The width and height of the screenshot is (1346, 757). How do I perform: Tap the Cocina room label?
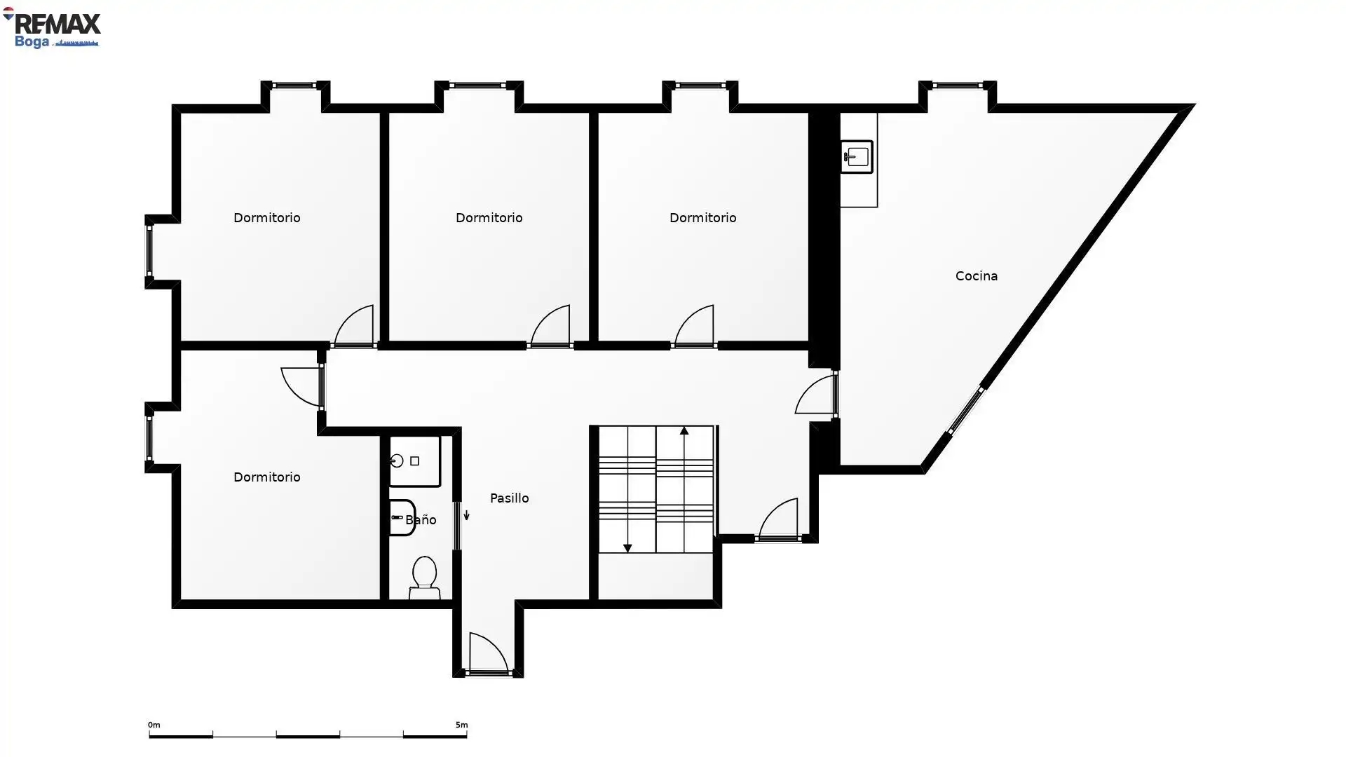click(976, 276)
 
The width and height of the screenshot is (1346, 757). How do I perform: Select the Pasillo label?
click(509, 498)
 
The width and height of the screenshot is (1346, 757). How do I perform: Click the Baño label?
click(421, 520)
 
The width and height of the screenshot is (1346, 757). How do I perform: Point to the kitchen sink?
click(856, 157)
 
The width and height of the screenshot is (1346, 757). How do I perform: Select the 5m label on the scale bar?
click(461, 725)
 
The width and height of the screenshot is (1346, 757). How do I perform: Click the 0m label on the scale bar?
click(154, 725)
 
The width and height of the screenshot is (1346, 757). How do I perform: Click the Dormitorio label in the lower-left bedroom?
click(266, 477)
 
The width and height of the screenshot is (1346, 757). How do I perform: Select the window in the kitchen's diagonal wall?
click(966, 411)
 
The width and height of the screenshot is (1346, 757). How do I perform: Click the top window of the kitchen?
click(957, 86)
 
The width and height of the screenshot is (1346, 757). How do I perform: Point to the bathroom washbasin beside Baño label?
click(402, 518)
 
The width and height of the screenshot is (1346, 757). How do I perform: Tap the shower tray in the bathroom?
click(414, 461)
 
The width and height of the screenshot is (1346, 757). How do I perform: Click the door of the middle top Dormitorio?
click(550, 327)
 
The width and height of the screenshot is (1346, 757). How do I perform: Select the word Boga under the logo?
click(32, 42)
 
